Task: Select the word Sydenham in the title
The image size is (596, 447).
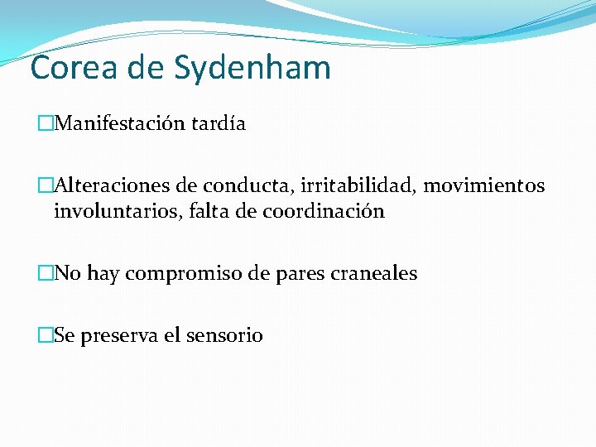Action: point(252,69)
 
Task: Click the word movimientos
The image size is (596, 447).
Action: point(484,185)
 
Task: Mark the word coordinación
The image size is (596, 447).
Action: point(324,211)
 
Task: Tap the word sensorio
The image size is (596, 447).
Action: point(224,336)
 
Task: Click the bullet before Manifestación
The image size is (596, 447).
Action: point(46,125)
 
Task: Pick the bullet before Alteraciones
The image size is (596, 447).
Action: point(46,186)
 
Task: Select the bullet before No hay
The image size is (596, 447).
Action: point(46,274)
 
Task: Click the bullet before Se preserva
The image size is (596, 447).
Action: point(46,336)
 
